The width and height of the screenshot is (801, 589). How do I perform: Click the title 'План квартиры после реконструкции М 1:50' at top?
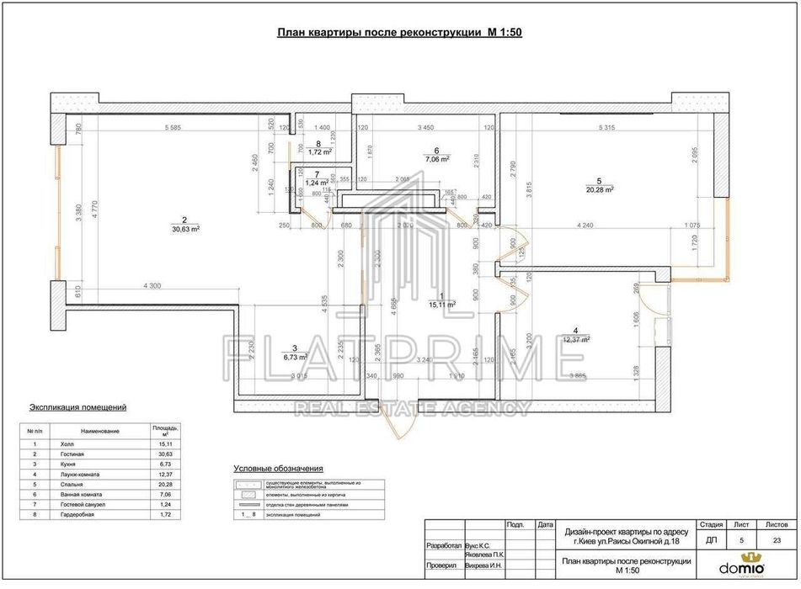400,33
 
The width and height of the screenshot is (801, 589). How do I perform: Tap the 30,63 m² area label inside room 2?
184,228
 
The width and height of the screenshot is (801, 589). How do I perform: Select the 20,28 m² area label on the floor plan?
598,189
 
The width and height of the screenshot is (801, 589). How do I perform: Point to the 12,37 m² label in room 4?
575,339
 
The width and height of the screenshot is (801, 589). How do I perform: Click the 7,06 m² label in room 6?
436,158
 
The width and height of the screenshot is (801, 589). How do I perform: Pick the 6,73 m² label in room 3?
294,356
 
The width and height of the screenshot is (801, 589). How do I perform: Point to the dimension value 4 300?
152,287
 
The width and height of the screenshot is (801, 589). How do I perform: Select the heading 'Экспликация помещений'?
77,407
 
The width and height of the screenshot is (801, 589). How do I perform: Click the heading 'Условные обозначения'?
278,469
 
